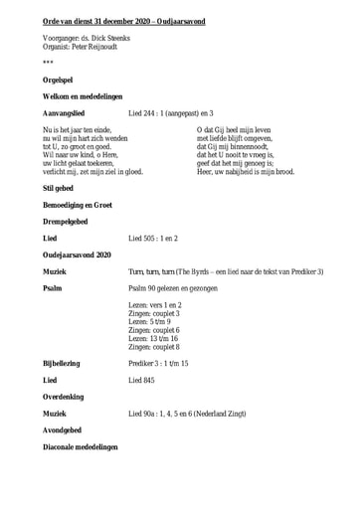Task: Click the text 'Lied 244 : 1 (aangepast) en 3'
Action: [x=171, y=113]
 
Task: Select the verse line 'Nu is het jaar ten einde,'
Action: [x=77, y=130]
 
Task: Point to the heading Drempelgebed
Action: [x=66, y=222]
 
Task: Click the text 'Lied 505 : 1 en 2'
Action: [x=153, y=239]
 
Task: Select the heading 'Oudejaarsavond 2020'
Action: [x=78, y=255]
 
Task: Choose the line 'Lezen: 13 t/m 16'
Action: [x=154, y=338]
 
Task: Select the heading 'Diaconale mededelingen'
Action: [x=81, y=446]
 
